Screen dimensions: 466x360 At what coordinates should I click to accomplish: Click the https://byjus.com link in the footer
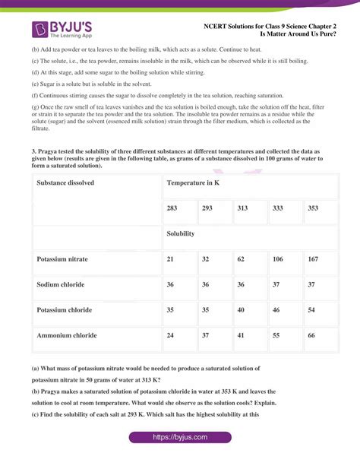point(179,437)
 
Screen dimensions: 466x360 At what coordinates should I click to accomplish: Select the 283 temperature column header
point(172,208)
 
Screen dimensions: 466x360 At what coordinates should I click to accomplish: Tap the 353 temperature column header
point(312,208)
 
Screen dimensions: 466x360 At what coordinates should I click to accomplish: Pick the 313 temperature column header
point(242,208)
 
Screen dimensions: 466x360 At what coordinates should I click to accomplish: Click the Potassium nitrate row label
point(62,259)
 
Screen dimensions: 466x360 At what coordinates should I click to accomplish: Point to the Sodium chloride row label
point(60,284)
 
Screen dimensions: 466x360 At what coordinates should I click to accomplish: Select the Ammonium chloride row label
point(66,335)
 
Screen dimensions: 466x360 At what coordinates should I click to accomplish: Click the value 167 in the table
point(312,259)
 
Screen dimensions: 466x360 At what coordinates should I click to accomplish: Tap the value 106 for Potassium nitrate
point(277,259)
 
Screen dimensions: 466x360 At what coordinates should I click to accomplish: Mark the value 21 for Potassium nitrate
point(171,259)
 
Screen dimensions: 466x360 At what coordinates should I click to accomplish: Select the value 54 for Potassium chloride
point(311,310)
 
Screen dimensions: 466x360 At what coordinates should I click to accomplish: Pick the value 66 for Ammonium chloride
point(311,335)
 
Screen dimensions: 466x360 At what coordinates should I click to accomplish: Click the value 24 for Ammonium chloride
point(171,335)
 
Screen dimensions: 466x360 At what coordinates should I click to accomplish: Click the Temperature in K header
point(194,183)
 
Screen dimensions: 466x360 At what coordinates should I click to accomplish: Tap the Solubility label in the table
point(181,233)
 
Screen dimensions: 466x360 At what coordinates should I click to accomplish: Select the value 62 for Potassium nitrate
point(241,259)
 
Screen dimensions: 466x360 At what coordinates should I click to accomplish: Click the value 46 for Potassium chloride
point(276,310)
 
